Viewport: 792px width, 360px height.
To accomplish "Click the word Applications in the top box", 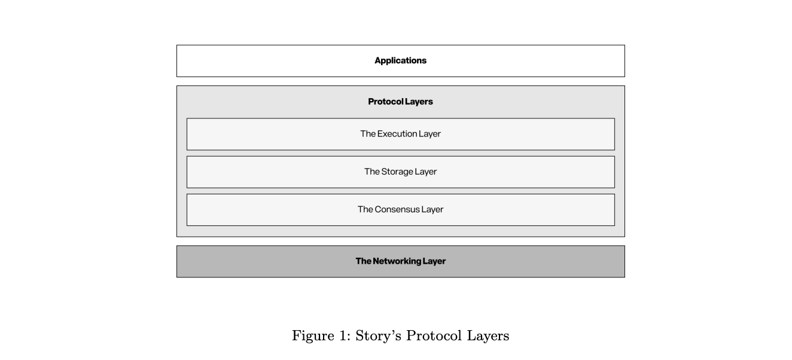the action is click(x=401, y=61).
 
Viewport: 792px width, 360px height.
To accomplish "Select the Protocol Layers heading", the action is click(x=401, y=102).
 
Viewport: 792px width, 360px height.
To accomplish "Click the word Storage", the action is click(x=397, y=172).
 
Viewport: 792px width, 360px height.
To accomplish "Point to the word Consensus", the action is click(x=397, y=209).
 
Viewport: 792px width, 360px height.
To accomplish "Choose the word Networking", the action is click(x=397, y=261).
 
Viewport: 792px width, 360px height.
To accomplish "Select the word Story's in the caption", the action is click(x=378, y=336).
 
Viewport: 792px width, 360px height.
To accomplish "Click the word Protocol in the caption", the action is click(x=434, y=335).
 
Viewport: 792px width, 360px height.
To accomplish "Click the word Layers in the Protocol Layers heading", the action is click(x=419, y=102).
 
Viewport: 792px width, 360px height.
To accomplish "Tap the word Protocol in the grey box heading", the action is click(x=386, y=102).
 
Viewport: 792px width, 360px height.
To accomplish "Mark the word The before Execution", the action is click(x=368, y=134).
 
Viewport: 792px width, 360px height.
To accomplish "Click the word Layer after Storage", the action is click(x=426, y=172).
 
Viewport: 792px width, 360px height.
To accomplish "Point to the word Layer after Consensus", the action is click(x=432, y=210).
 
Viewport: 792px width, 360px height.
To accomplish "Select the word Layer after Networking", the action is click(x=434, y=261).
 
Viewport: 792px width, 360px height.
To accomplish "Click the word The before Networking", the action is click(x=364, y=261).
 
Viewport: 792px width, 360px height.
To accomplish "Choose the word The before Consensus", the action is click(x=365, y=209).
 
